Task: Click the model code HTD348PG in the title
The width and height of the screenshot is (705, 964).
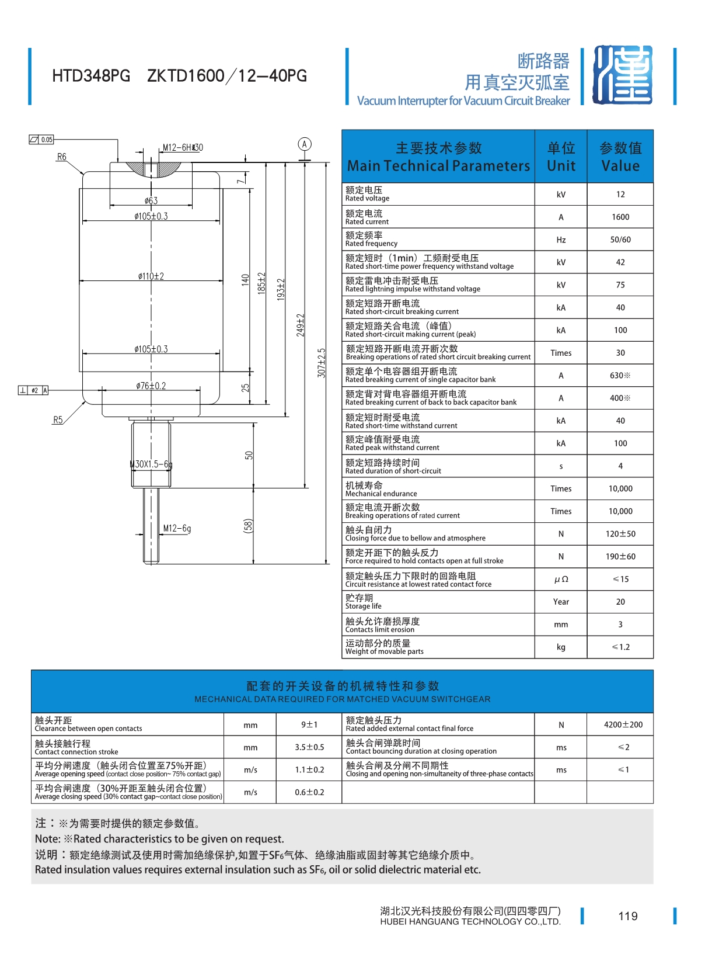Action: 91,76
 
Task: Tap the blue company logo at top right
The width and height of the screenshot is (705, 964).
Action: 622,75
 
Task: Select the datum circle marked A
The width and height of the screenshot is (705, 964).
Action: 304,144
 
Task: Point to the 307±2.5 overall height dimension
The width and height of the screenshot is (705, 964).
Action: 322,363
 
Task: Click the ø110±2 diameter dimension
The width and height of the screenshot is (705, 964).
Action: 151,276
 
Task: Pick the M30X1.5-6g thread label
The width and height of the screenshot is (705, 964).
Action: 151,464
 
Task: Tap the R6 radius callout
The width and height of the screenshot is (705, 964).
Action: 62,157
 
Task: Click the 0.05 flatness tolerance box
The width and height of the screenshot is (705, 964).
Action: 41,140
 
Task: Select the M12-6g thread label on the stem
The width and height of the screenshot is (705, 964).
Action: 177,529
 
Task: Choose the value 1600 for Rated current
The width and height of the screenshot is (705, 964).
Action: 620,217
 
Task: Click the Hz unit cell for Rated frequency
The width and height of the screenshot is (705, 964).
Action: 561,240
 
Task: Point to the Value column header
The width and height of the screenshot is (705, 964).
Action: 620,157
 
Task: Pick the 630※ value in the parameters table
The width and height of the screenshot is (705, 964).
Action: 620,376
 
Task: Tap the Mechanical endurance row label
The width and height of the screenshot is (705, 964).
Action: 381,489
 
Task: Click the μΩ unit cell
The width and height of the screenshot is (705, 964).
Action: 561,580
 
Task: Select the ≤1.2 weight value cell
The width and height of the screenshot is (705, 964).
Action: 620,647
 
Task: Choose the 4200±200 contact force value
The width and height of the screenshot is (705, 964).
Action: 623,725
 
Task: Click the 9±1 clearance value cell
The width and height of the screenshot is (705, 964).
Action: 309,725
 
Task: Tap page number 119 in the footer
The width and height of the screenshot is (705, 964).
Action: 628,916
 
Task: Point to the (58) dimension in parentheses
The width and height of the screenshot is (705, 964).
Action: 249,526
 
